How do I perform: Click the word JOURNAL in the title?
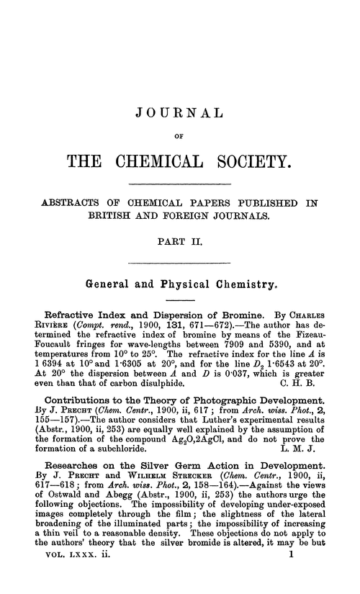coord(180,112)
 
